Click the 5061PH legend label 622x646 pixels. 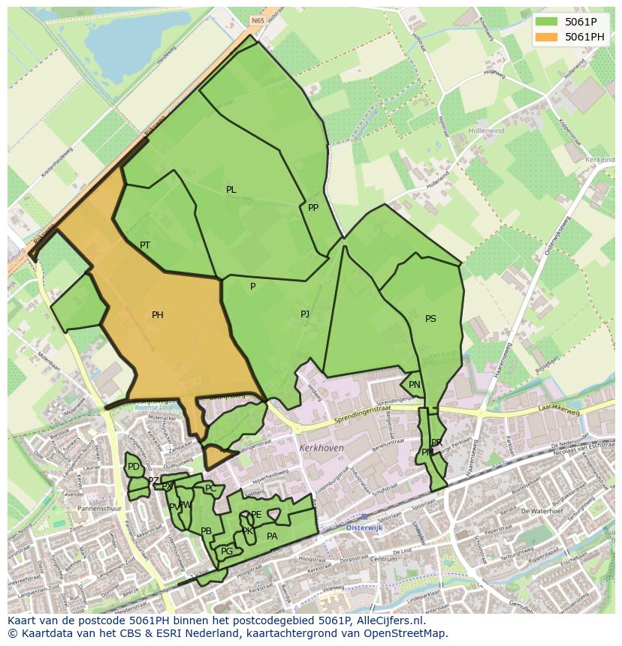click(x=584, y=37)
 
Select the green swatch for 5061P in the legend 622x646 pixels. click(x=546, y=22)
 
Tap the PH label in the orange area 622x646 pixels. click(x=157, y=315)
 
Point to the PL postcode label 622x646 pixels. click(x=231, y=190)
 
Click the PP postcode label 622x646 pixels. click(x=313, y=208)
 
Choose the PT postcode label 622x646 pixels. click(x=145, y=245)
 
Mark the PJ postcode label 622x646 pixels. click(x=305, y=314)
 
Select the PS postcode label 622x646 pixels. click(x=430, y=319)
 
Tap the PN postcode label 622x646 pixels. click(x=415, y=385)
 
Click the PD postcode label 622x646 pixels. click(x=134, y=467)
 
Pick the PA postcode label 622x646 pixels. click(x=272, y=536)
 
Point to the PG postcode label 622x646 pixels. click(x=227, y=551)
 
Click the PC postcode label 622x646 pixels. click(x=210, y=488)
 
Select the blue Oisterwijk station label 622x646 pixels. click(x=364, y=527)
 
